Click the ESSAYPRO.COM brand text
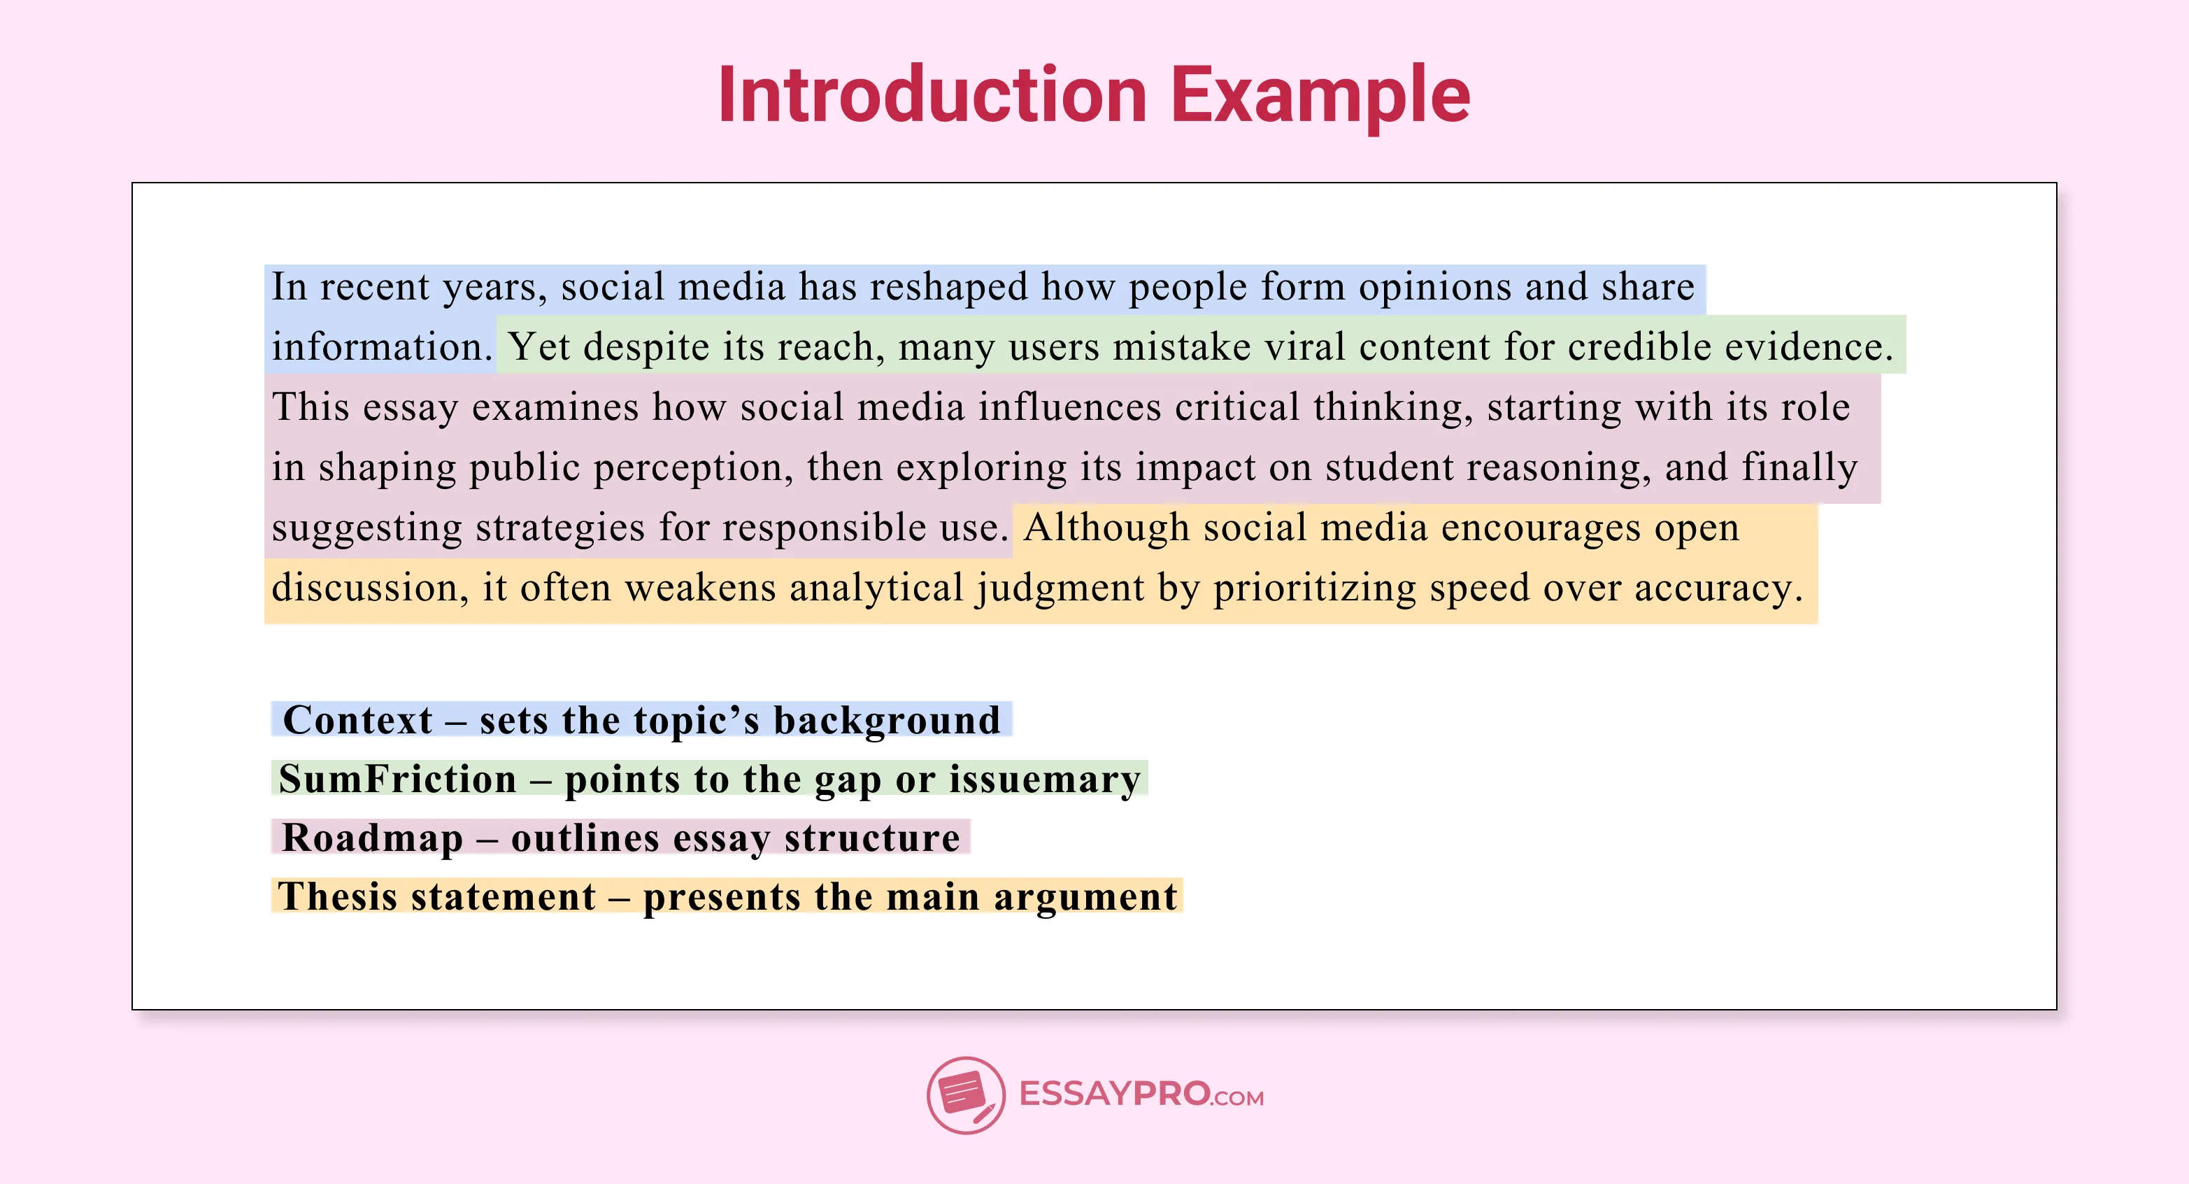coord(1141,1094)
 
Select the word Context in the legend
coord(358,720)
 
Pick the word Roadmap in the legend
coord(372,838)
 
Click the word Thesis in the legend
coord(337,896)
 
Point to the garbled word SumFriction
coord(398,780)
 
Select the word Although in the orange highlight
coord(1106,528)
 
